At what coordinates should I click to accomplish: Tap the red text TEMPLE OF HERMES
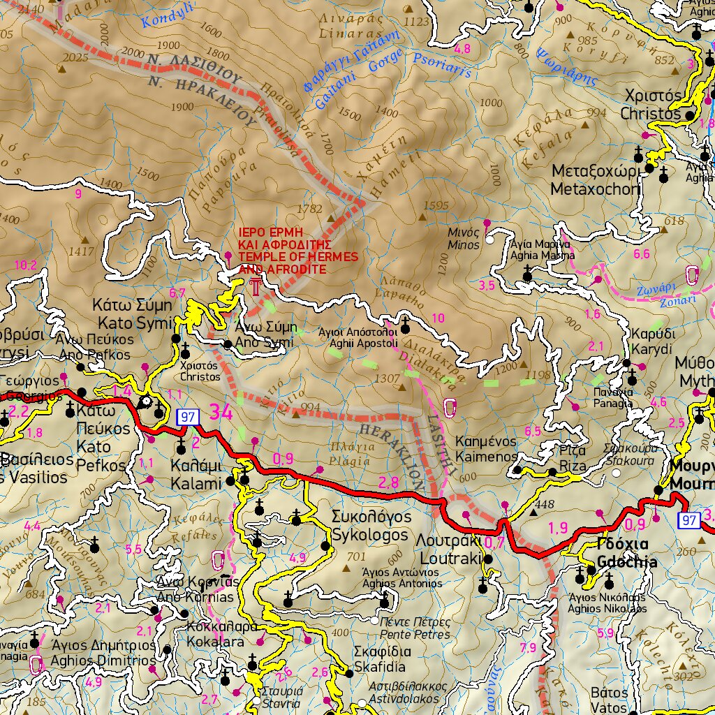(x=298, y=258)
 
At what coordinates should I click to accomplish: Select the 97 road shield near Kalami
(x=188, y=417)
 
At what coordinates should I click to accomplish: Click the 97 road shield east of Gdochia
(x=689, y=520)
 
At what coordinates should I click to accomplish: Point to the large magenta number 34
(x=221, y=413)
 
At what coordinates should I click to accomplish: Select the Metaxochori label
(x=595, y=189)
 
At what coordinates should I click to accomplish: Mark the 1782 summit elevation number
(x=309, y=209)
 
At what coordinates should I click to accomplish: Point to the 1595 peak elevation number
(x=436, y=205)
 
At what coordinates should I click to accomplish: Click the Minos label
(x=464, y=245)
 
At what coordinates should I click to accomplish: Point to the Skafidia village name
(x=382, y=668)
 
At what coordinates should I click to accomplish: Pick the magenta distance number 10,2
(x=25, y=265)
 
